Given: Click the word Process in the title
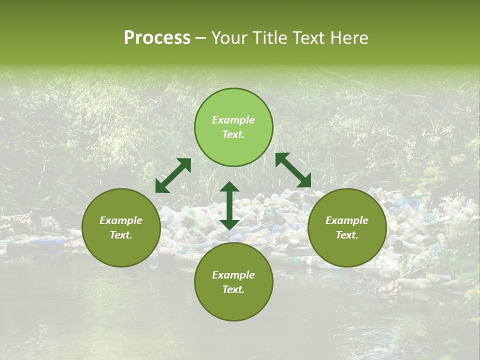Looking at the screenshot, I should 157,38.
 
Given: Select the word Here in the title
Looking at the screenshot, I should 349,38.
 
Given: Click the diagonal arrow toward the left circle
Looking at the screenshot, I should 173,175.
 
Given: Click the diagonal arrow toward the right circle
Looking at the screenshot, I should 293,170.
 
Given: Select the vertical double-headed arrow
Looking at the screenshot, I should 229,205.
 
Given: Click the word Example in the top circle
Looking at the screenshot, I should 233,120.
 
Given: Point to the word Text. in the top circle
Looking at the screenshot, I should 233,134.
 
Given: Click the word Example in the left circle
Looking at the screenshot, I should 121,220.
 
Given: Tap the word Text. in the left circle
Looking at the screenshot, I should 121,235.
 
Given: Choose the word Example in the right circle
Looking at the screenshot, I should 347,220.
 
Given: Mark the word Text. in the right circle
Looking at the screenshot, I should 347,235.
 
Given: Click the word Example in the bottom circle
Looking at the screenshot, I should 233,275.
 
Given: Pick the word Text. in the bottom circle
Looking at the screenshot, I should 233,289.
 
